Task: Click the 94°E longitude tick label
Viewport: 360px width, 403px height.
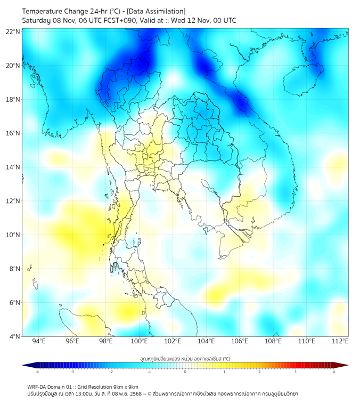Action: coord(39,342)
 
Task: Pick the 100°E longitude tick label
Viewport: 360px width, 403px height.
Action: coord(140,342)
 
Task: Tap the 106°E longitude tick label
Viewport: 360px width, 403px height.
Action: coord(240,342)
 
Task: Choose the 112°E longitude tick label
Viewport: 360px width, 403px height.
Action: coord(340,342)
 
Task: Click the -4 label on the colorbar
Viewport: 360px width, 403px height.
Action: coord(36,372)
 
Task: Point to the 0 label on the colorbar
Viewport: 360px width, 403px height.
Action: coord(185,372)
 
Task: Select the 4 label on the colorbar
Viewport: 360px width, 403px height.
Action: coord(334,372)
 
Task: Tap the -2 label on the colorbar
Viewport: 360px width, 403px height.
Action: coord(111,372)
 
